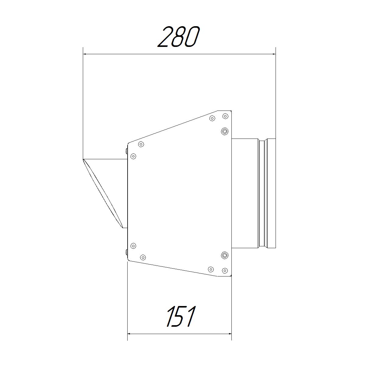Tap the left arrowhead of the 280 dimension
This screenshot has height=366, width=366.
point(85,55)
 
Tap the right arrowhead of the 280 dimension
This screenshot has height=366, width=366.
point(273,55)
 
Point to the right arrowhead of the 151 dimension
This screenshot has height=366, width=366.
point(229,334)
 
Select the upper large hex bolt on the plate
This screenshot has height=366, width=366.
point(224,131)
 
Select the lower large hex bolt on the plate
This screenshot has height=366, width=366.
point(224,255)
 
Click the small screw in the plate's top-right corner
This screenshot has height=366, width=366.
point(225,116)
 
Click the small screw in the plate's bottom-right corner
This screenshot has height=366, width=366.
point(225,270)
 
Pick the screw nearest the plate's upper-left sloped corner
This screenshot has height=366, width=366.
point(141,144)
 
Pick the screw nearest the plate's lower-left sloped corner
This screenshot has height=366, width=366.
point(143,258)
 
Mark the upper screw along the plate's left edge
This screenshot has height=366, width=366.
point(133,156)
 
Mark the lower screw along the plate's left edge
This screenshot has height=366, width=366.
point(133,246)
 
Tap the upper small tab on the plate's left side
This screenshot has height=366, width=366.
point(126,151)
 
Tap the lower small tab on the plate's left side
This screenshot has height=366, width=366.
point(126,252)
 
